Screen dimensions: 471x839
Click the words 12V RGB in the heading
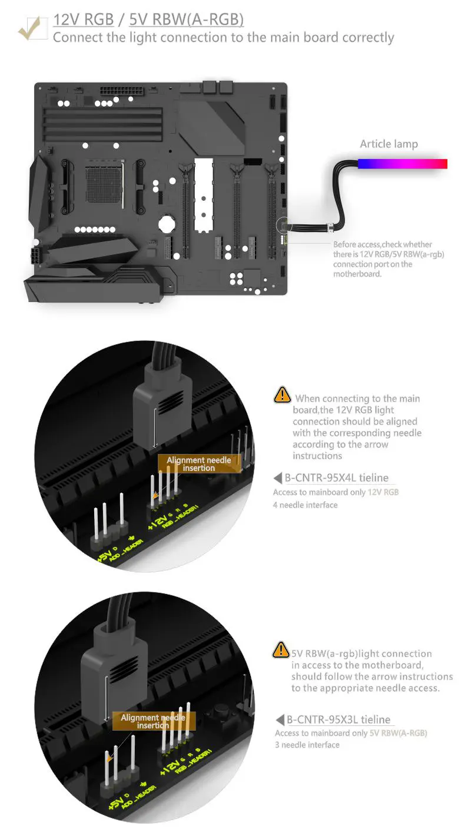coord(83,19)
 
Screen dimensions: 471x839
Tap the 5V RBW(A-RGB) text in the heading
coord(186,19)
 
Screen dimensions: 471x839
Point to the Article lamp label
coord(389,144)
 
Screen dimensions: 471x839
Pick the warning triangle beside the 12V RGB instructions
coord(282,395)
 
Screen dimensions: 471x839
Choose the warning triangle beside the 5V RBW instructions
coord(281,650)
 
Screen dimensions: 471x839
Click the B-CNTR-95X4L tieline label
coord(336,477)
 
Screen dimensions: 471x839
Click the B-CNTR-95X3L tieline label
coord(338,719)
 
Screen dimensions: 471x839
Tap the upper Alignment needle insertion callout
coord(199,464)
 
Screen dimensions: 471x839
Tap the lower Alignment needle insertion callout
coord(153,721)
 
